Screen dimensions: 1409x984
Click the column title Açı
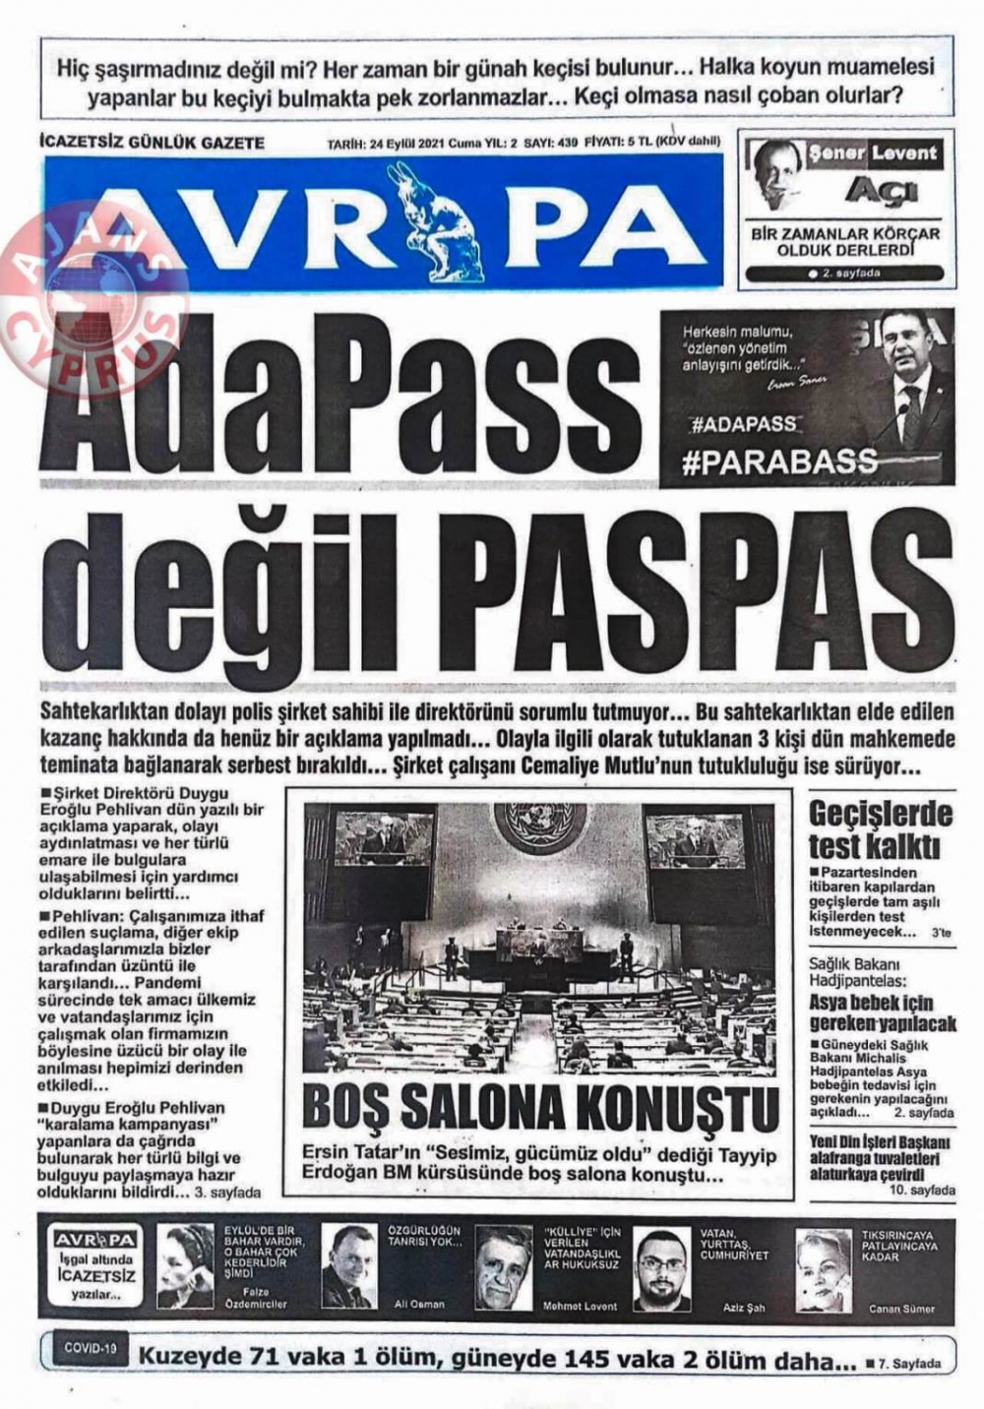(x=882, y=189)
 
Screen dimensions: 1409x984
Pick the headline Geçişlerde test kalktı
(x=881, y=829)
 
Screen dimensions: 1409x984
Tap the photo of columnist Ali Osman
(x=349, y=1266)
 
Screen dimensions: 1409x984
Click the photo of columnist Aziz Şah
(x=660, y=1267)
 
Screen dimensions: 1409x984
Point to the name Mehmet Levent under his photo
(x=580, y=1306)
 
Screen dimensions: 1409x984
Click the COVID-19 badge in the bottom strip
(x=91, y=1347)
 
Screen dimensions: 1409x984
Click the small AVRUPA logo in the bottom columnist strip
(x=94, y=1240)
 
